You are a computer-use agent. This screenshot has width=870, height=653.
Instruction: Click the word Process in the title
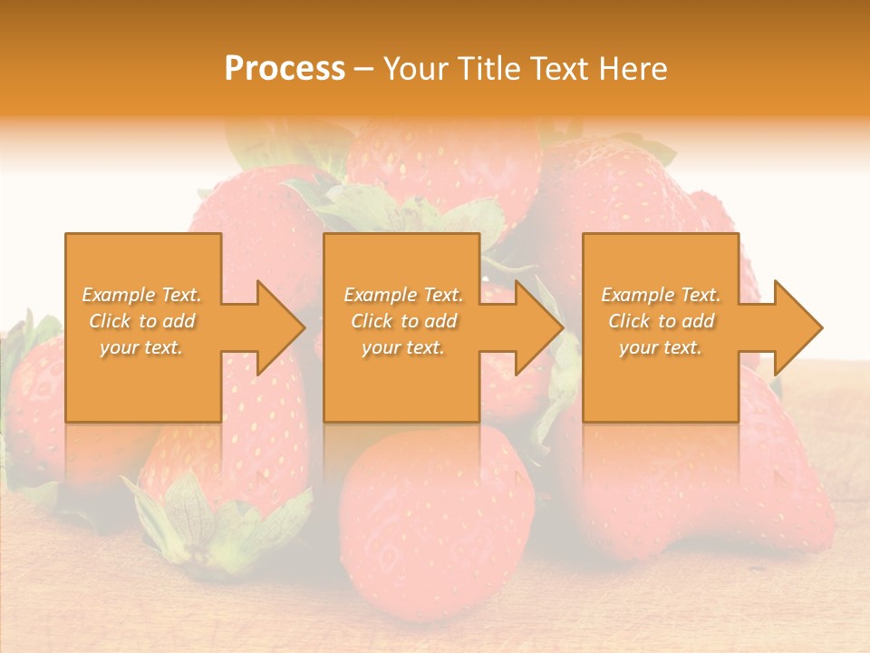(x=285, y=69)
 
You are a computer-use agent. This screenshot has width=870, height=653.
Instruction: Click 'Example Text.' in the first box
(x=141, y=295)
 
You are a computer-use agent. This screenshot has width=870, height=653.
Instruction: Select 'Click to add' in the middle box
(x=403, y=321)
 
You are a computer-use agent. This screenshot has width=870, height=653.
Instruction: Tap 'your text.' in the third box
(x=661, y=347)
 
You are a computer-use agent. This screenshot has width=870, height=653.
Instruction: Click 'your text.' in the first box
(x=141, y=347)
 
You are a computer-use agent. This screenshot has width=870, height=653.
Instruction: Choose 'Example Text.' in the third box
(x=661, y=295)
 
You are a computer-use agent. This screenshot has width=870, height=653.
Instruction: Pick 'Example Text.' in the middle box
(x=403, y=295)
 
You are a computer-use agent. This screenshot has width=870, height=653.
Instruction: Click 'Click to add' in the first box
(x=141, y=321)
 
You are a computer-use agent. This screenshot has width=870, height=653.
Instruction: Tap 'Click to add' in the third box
(x=661, y=321)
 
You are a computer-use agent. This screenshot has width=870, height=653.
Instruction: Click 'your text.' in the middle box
(x=403, y=347)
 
